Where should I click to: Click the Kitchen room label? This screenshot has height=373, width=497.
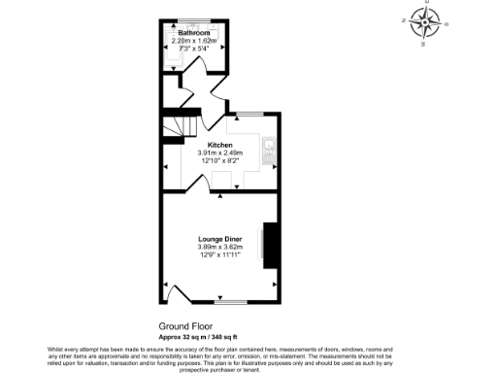click(220, 145)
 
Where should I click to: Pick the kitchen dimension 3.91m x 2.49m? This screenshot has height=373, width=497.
click(220, 153)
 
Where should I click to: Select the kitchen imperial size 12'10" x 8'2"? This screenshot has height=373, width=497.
click(220, 160)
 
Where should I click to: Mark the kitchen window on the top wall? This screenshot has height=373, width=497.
click(244, 114)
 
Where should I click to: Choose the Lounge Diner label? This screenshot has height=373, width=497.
click(219, 239)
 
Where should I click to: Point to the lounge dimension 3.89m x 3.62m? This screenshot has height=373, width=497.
click(219, 247)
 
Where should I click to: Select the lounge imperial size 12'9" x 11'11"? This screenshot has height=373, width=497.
click(219, 254)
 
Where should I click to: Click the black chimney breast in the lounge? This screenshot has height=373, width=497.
click(271, 244)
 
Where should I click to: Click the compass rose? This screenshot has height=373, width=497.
click(424, 21)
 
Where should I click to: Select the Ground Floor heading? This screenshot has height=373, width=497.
click(184, 326)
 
